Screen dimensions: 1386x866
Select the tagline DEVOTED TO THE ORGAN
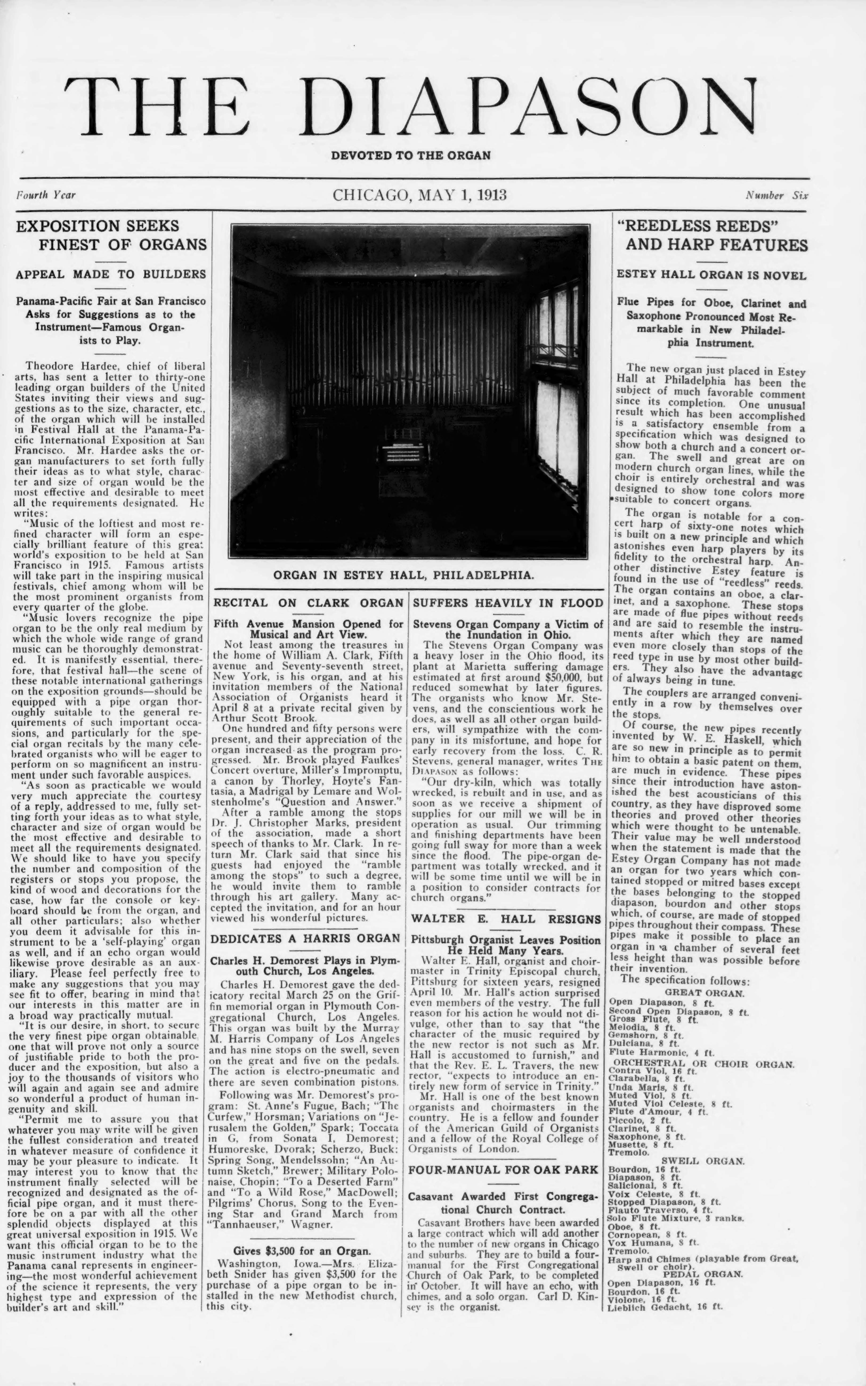point(411,155)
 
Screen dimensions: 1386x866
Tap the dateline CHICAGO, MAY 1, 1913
point(420,195)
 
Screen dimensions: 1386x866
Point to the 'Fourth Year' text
point(46,195)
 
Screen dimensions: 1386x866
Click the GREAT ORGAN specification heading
point(704,993)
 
